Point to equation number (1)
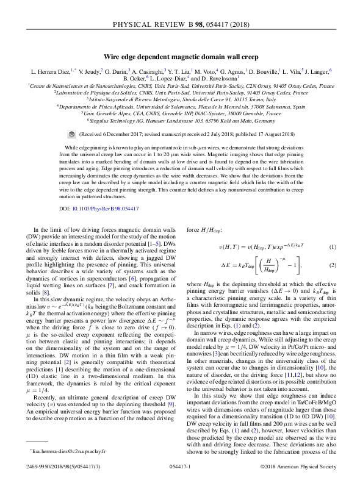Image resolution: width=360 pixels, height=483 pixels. click(x=333, y=246)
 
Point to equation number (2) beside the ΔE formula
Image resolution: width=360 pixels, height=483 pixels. click(x=333, y=266)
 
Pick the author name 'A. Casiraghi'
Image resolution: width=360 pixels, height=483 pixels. click(x=146, y=71)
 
